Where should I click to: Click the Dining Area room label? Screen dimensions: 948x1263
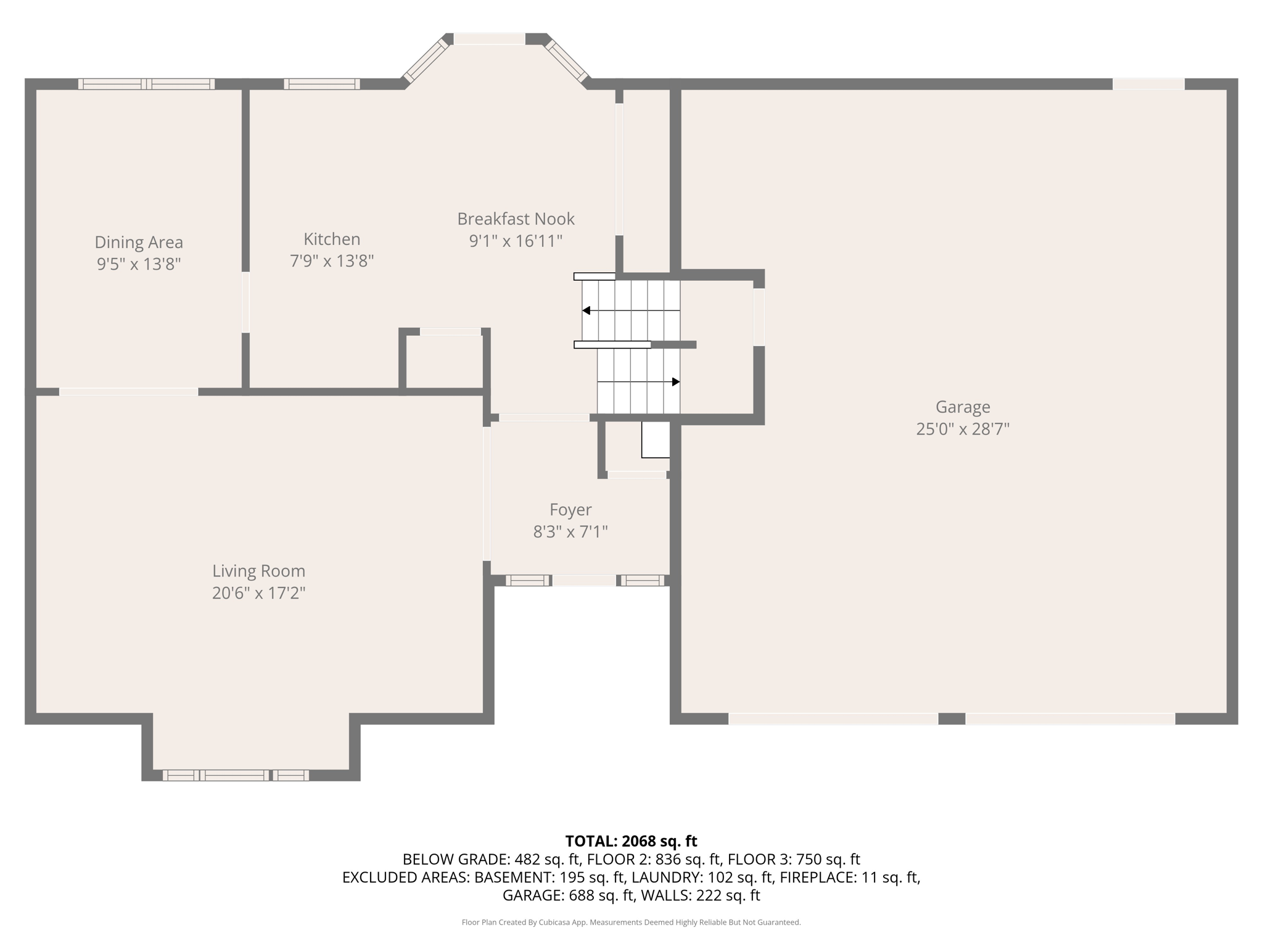tap(139, 242)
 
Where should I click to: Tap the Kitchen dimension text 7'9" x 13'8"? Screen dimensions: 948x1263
tap(332, 261)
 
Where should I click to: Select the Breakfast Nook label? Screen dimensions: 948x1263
tap(516, 218)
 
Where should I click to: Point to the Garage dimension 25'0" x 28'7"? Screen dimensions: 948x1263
tap(963, 429)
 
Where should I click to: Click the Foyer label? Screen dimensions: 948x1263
tap(570, 510)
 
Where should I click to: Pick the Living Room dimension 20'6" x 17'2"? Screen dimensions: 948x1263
tap(259, 593)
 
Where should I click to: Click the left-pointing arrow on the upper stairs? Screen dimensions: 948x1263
tap(586, 310)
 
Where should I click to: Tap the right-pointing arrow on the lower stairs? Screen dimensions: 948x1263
tap(675, 382)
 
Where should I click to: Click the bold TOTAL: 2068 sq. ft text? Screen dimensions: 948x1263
tap(631, 841)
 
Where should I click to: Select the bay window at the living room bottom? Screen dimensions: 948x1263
tap(236, 775)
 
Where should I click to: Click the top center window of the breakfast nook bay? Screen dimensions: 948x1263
tap(490, 39)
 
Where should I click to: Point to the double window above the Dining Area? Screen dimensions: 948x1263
tap(146, 85)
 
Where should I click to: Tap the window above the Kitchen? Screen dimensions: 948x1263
tap(322, 85)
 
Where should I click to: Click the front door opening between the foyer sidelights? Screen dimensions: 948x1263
tap(584, 580)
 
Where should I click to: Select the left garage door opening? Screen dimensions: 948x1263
tap(833, 718)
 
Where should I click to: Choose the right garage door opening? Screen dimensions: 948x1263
tap(1070, 718)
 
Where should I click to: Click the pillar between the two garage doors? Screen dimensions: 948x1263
tap(952, 718)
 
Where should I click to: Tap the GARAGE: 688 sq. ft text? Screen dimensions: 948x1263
tap(568, 896)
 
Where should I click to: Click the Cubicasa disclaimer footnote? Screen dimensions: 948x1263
tap(631, 923)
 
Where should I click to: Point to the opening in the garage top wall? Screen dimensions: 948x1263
tap(1148, 84)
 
